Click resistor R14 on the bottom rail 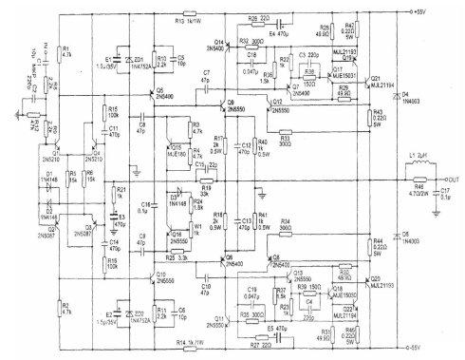pos(189,340)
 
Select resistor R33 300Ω pos(286,134)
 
